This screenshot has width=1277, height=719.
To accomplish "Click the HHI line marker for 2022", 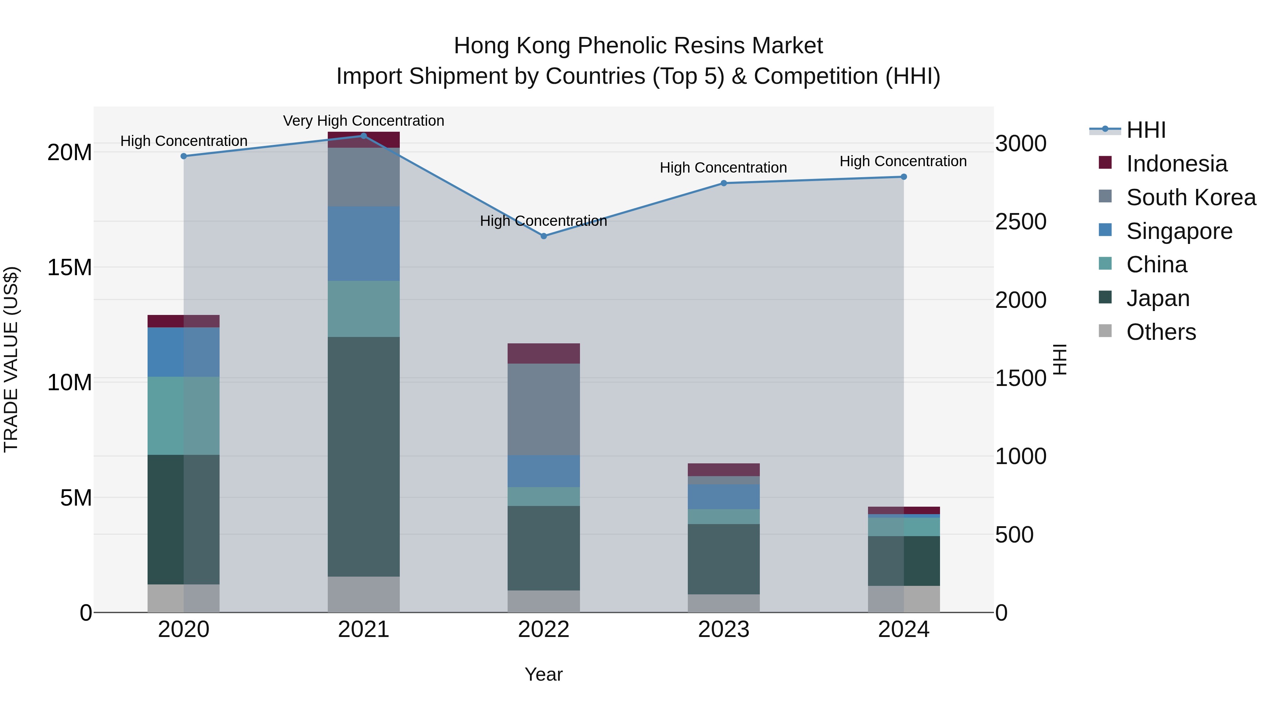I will click(543, 236).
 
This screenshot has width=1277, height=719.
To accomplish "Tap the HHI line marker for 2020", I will click(183, 156).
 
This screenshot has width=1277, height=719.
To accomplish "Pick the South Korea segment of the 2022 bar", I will click(543, 409).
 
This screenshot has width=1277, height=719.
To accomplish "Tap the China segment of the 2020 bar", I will click(183, 416).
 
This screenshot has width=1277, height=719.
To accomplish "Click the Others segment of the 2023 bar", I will click(723, 603).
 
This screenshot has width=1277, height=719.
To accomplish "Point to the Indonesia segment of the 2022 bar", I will click(543, 353).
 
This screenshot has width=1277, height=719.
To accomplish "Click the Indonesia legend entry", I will click(1176, 164).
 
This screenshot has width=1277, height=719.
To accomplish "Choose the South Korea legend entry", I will click(1191, 197).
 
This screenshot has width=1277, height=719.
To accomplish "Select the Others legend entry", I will click(1161, 332).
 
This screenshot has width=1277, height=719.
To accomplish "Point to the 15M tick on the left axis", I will click(70, 267).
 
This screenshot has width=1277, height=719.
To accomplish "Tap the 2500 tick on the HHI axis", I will click(1021, 222).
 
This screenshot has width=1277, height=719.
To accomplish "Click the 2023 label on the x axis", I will click(723, 630).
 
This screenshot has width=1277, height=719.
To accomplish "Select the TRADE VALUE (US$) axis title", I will click(11, 359).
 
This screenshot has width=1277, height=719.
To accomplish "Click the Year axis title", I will click(543, 674).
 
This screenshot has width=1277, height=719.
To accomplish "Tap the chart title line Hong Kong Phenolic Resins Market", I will click(638, 46).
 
